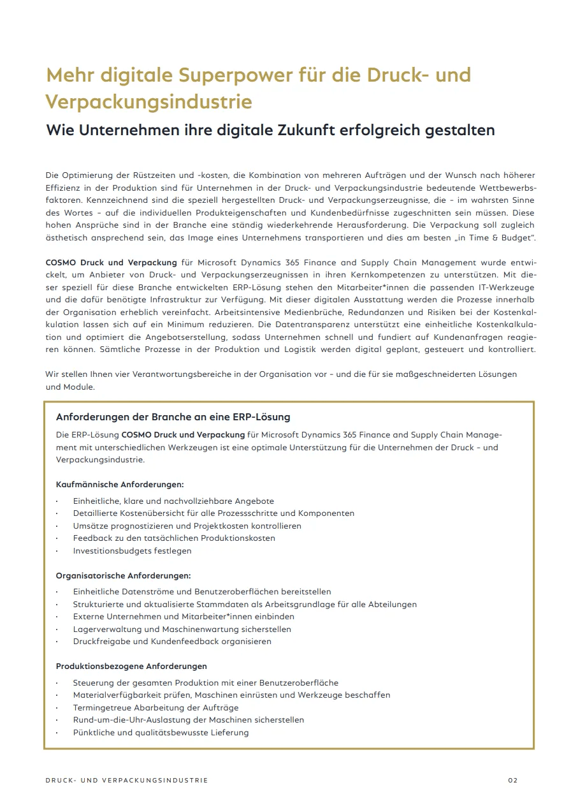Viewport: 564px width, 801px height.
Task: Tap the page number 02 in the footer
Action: tap(513, 780)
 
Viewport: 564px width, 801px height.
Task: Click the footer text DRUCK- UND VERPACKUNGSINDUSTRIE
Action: tap(127, 780)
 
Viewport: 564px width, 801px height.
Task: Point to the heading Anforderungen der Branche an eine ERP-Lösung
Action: tap(173, 417)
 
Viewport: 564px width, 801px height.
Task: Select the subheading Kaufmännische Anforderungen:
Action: tap(120, 485)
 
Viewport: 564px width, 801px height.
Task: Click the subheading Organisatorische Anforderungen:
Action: tap(123, 575)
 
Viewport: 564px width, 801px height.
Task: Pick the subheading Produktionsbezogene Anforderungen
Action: tap(131, 666)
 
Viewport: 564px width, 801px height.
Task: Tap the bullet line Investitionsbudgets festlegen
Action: tap(132, 550)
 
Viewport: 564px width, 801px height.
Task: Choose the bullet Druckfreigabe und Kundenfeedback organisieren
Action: tap(172, 642)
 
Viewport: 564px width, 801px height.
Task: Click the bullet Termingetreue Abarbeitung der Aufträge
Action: tap(155, 708)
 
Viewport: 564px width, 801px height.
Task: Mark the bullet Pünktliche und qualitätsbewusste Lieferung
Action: tap(161, 733)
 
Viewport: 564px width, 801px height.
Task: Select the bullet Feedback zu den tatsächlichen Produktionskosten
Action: tap(174, 538)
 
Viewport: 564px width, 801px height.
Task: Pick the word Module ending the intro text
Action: tap(78, 386)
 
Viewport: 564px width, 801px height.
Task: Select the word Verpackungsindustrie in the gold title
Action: tap(148, 102)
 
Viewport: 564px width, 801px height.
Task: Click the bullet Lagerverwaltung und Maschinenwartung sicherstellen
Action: tap(182, 629)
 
